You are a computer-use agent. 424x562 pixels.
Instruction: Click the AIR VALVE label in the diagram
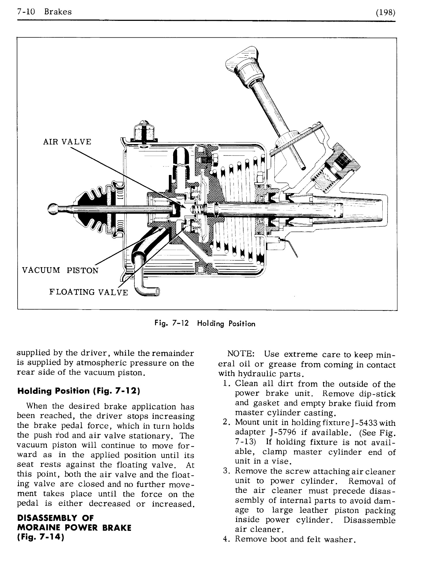tap(67, 142)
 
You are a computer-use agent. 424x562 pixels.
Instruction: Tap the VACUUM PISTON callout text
tap(60, 270)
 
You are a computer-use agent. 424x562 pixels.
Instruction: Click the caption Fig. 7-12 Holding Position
tap(205, 324)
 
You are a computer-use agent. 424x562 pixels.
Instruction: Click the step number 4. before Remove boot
tap(226, 539)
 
